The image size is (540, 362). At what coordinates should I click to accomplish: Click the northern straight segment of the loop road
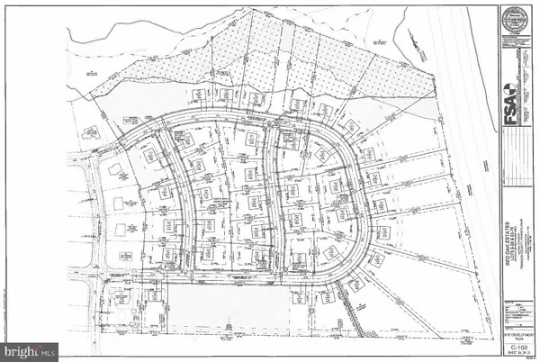pyautogui.click(x=243, y=120)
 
